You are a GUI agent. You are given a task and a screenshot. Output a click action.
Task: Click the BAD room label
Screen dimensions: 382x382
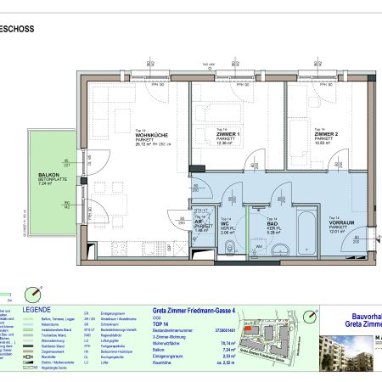(261, 222)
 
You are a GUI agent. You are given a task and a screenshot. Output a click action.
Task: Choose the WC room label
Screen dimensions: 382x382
(226, 222)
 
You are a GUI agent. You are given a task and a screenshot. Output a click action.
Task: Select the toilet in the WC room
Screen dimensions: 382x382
(231, 247)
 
